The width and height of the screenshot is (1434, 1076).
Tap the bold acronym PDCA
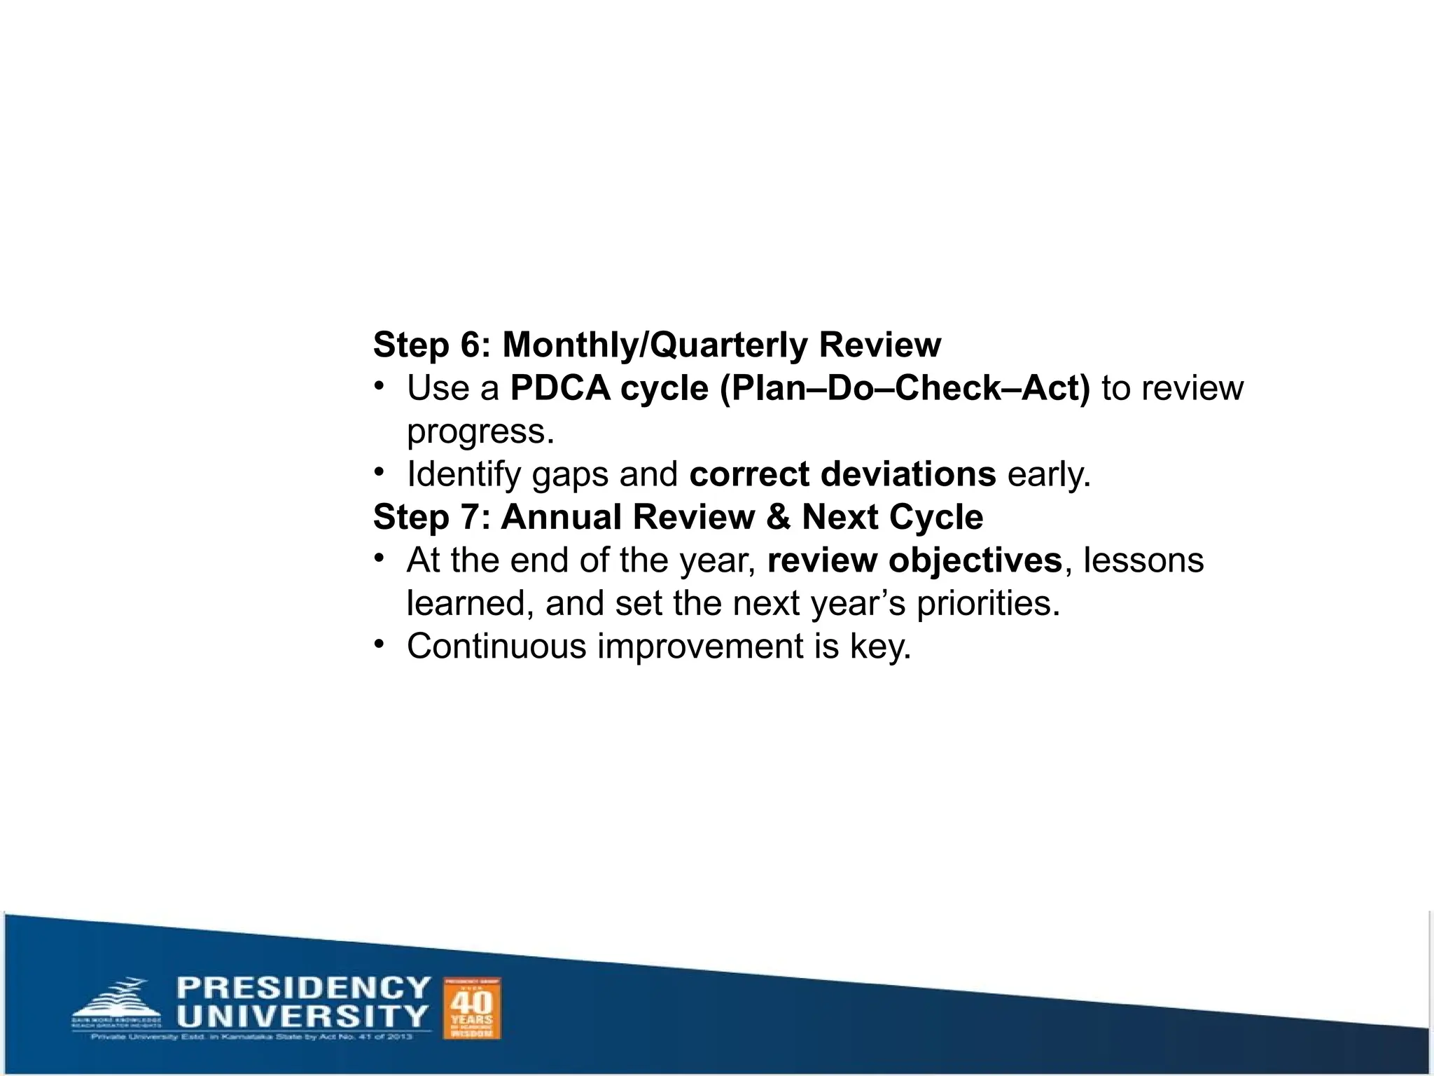560,388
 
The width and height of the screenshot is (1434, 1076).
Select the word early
1049,474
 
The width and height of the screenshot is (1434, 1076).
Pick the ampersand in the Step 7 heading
778,517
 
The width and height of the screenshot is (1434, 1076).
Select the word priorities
988,603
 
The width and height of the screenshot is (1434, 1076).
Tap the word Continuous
496,646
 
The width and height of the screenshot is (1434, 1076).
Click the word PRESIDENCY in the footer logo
303,988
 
